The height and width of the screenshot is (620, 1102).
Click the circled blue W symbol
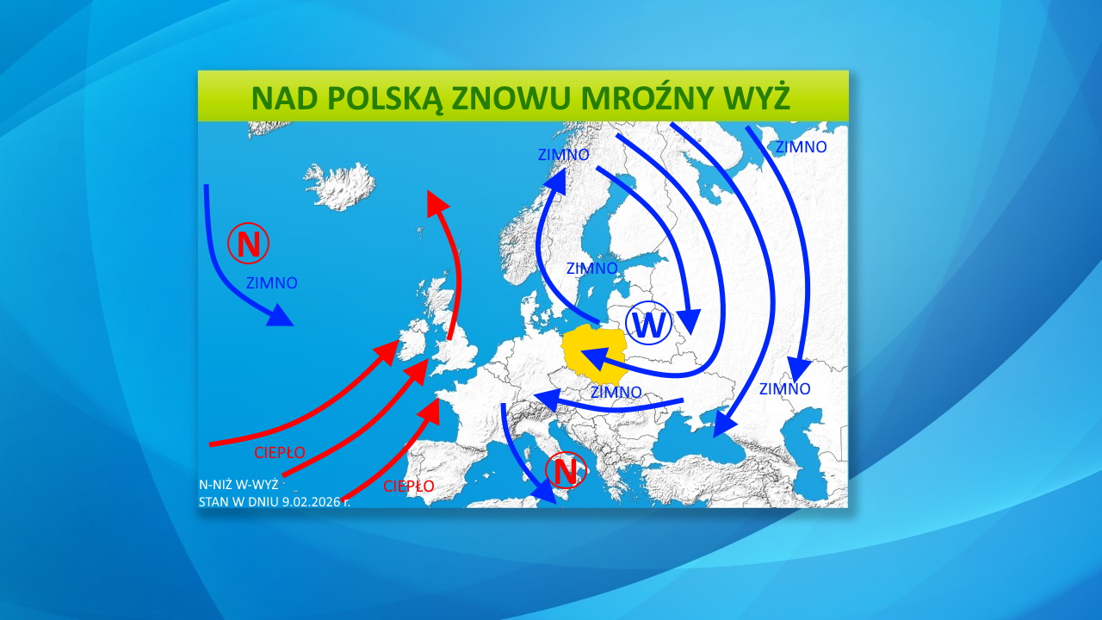[x=649, y=325]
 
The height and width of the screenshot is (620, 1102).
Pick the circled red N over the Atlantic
[x=249, y=245]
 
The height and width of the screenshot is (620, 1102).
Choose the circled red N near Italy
[x=565, y=471]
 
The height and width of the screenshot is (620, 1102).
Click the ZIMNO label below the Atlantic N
[x=272, y=282]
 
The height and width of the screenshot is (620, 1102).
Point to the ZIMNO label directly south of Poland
[x=616, y=392]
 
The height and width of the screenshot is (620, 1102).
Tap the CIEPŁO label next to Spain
[x=409, y=487]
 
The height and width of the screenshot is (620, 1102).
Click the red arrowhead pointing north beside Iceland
[x=438, y=202]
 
